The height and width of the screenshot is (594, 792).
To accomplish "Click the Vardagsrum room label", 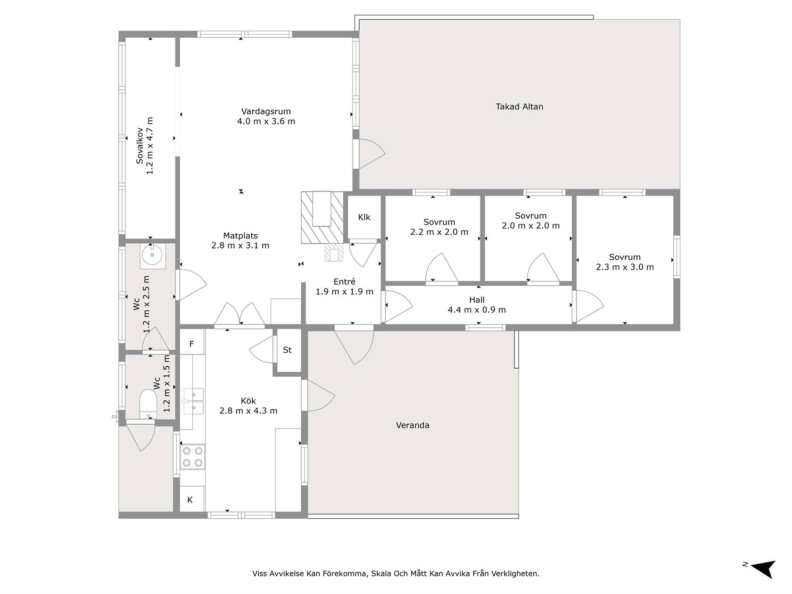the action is (266, 111).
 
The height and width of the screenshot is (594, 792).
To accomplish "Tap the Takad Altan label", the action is (519, 107).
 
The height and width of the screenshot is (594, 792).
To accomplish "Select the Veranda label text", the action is (412, 425).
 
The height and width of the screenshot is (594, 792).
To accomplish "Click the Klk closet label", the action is (364, 217).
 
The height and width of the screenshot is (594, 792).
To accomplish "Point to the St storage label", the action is (287, 350).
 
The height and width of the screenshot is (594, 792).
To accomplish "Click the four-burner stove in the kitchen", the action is (192, 457).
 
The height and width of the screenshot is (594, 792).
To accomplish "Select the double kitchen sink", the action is (193, 401).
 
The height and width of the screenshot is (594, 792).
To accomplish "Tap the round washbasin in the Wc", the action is (152, 255).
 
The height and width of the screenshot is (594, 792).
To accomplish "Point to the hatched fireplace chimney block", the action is (322, 217).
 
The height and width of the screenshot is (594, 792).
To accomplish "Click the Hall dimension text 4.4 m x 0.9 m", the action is (477, 310).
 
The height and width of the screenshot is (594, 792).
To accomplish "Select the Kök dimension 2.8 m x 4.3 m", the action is (248, 411).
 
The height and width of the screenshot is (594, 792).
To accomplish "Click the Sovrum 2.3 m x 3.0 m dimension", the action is (625, 267).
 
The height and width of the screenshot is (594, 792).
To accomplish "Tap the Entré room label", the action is (344, 281).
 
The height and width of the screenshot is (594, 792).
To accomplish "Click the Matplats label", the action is (240, 236).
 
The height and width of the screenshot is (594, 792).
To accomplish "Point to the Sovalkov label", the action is (140, 146).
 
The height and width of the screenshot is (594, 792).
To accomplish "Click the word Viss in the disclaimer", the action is (259, 573).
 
